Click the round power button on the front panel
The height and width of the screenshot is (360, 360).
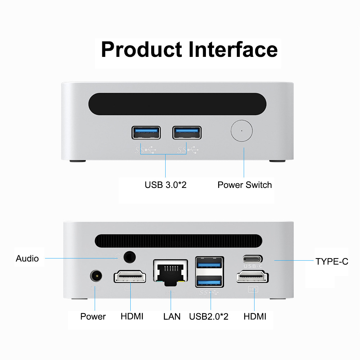[241, 131]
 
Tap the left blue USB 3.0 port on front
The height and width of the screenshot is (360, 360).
[146, 132]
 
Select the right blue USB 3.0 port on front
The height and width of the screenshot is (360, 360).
[186, 132]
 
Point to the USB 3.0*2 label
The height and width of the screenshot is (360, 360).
[165, 185]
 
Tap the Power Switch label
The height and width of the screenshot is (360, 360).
[244, 185]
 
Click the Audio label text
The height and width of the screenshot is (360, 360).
[27, 258]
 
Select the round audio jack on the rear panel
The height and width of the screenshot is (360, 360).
[130, 257]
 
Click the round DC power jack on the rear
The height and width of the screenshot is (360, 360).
[95, 276]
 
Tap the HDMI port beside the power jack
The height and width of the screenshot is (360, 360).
[130, 277]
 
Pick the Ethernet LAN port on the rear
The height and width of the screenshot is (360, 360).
[171, 272]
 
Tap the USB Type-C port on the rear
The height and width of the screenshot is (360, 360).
[252, 259]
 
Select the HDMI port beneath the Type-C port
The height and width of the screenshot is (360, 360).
[252, 278]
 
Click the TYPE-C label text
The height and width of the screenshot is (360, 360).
[332, 262]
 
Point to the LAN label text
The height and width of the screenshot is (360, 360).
[172, 317]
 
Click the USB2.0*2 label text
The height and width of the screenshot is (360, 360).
[209, 317]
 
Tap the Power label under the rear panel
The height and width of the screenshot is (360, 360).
[93, 317]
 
